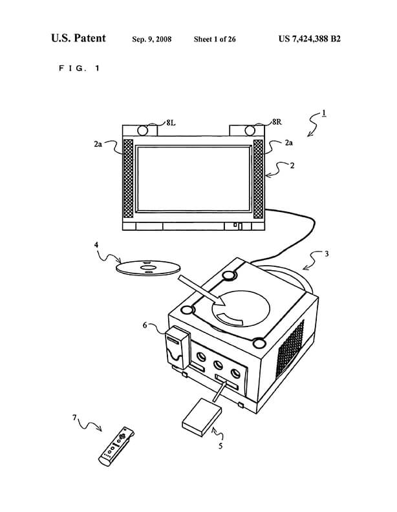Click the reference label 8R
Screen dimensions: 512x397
tap(277, 122)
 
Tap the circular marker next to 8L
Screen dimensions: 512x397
tap(143, 129)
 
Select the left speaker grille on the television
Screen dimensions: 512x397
tap(128, 179)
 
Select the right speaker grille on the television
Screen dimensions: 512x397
tap(259, 179)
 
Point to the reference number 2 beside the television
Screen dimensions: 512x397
tap(292, 165)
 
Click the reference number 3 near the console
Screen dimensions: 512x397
tap(327, 254)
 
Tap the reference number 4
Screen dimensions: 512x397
tap(96, 246)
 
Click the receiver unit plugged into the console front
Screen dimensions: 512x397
tap(177, 347)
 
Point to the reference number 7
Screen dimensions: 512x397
tap(75, 418)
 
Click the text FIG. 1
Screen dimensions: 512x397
tap(75, 67)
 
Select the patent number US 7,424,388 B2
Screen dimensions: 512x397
tap(309, 39)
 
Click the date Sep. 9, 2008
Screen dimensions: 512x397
tap(153, 39)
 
